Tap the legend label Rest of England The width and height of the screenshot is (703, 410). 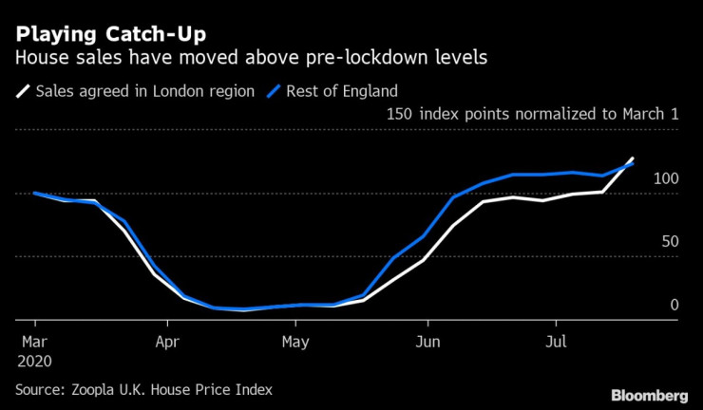343,92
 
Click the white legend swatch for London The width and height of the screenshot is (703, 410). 23,92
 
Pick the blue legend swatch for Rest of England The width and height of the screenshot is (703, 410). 274,92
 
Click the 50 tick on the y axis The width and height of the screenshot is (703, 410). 669,242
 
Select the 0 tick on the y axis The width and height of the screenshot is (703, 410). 674,305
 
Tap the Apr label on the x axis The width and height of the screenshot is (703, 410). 166,340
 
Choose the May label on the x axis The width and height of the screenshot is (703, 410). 296,340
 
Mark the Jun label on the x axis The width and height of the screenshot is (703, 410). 428,340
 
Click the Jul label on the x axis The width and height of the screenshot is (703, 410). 558,340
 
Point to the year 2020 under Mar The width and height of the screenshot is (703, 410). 36,361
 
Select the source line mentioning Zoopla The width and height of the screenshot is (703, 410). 143,389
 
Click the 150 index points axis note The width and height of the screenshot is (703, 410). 533,115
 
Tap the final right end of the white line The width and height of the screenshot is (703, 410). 634,158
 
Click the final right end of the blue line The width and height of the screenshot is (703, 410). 634,163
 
